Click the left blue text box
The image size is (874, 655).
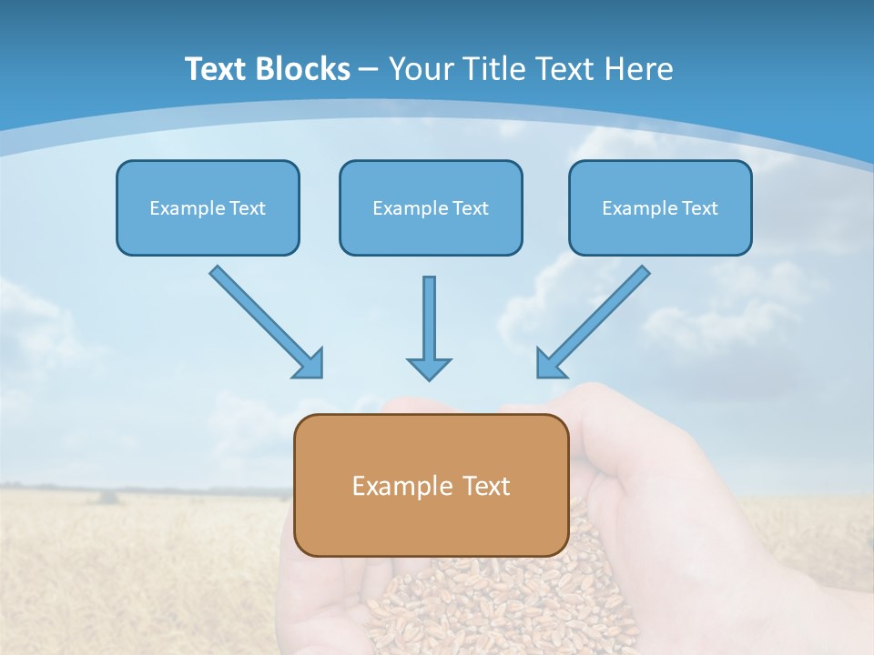[x=208, y=207]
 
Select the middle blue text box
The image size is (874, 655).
[x=431, y=207]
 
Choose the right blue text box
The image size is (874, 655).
[x=660, y=207]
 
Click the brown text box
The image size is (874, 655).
[x=431, y=485]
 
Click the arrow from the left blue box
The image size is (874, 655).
[x=264, y=319]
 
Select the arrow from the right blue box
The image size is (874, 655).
[x=595, y=319]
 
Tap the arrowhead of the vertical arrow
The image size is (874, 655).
[x=429, y=368]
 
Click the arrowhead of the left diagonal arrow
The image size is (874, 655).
[x=310, y=364]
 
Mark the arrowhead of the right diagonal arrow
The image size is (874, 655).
[x=549, y=364]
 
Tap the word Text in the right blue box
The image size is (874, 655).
[x=699, y=208]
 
